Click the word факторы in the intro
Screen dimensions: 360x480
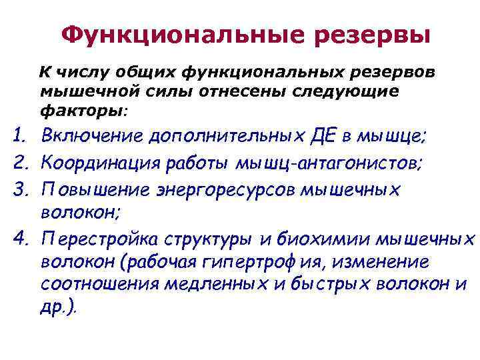coord(80,109)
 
